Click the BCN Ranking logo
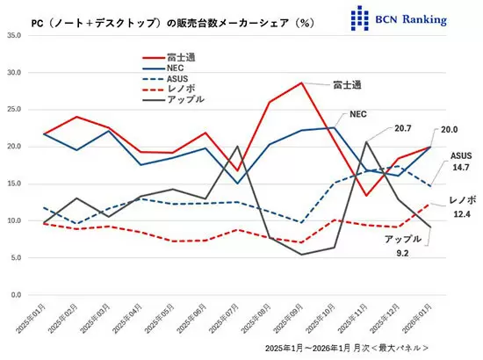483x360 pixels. point(398,17)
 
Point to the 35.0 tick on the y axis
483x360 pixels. point(15,36)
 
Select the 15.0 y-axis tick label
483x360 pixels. point(15,184)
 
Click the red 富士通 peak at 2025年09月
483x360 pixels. point(301,83)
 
